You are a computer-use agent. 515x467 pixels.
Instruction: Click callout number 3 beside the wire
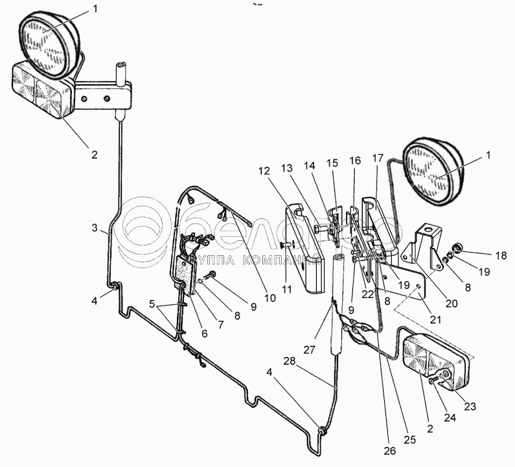pos(95,229)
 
